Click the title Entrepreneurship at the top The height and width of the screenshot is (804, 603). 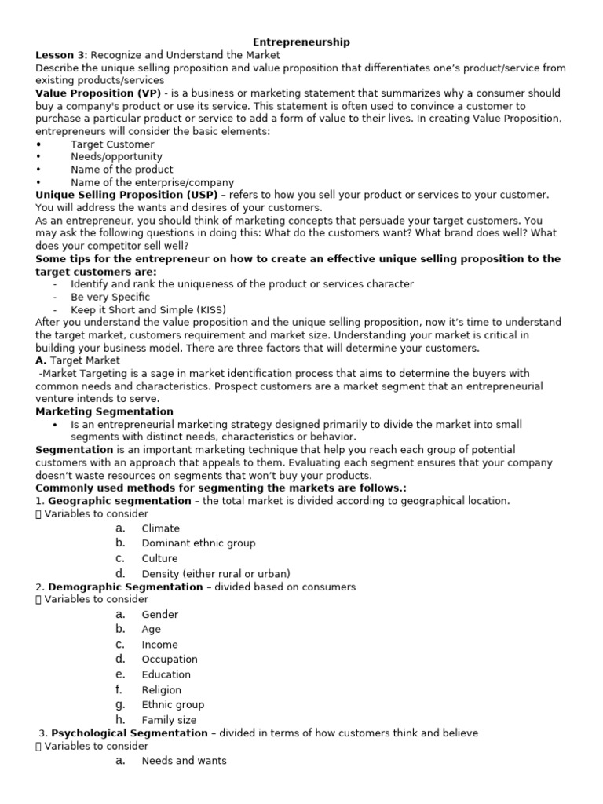pyautogui.click(x=301, y=42)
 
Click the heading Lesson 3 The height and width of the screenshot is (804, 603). pyautogui.click(x=60, y=55)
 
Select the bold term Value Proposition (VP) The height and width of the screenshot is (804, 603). pyautogui.click(x=98, y=93)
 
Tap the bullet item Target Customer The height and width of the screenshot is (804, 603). pyautogui.click(x=112, y=144)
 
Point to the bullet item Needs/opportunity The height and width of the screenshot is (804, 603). pyautogui.click(x=116, y=157)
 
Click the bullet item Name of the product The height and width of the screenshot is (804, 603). pyautogui.click(x=122, y=170)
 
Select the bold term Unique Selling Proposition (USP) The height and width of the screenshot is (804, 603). pyautogui.click(x=130, y=195)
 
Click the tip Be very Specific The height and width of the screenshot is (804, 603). pyautogui.click(x=110, y=297)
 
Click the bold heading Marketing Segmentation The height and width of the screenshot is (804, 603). pyautogui.click(x=104, y=411)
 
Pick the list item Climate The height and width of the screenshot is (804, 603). pyautogui.click(x=160, y=528)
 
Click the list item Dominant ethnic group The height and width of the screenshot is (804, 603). pyautogui.click(x=198, y=543)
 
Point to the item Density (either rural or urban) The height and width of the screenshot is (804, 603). pyautogui.click(x=215, y=573)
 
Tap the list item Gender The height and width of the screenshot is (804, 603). pyautogui.click(x=159, y=615)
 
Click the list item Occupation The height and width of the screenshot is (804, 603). pyautogui.click(x=169, y=660)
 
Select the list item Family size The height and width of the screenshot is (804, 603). pyautogui.click(x=169, y=720)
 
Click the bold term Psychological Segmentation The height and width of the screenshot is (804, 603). pyautogui.click(x=130, y=733)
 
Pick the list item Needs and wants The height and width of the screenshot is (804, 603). pyautogui.click(x=184, y=761)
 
